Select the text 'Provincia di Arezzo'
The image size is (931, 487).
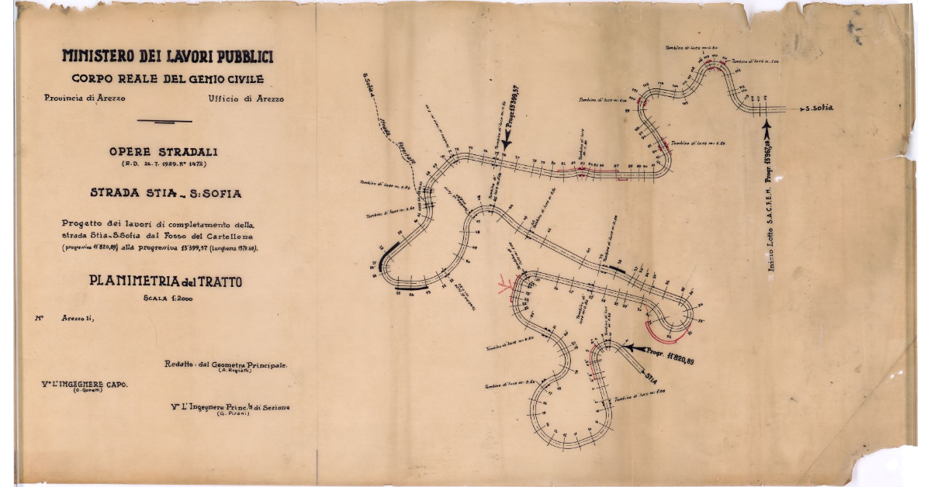click(85, 98)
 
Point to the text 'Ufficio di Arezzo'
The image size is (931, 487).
click(246, 98)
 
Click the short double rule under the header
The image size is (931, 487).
click(164, 121)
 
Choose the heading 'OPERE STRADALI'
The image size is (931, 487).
click(164, 152)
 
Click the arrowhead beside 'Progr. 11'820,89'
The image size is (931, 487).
click(630, 348)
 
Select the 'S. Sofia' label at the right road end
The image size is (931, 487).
click(819, 108)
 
